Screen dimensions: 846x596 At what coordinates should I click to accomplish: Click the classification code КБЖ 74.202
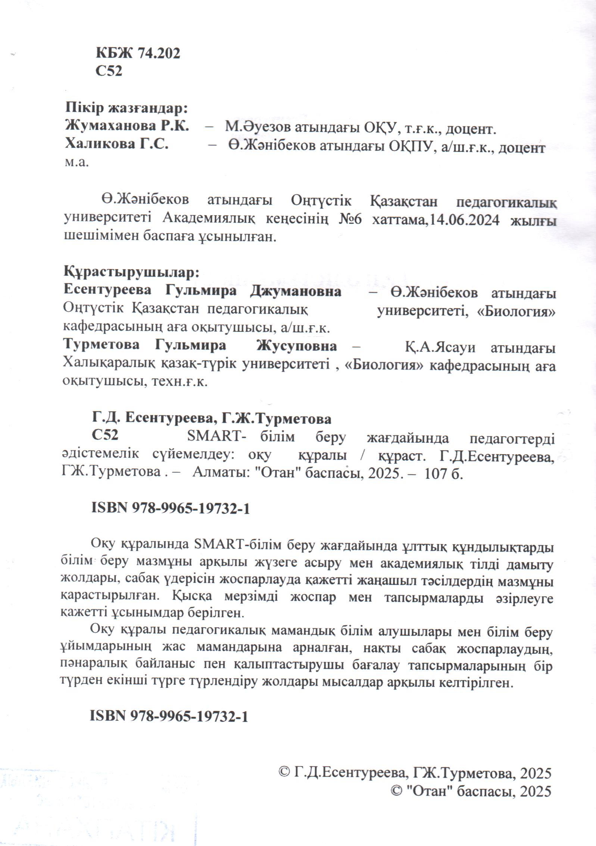138,53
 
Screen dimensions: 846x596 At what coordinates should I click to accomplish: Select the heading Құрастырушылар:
132,273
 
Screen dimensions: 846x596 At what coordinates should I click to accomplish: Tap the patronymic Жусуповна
296,346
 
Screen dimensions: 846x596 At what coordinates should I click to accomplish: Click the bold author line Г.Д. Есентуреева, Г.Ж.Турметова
212,419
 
